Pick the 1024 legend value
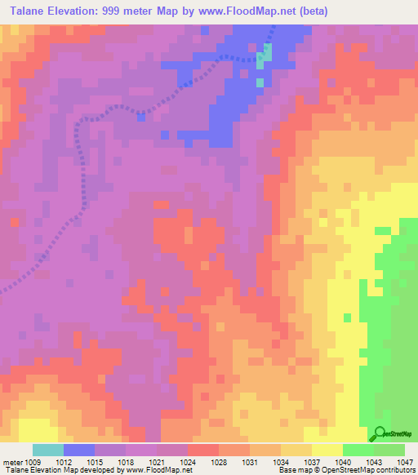[x=189, y=461]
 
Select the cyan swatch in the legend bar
[x=48, y=450]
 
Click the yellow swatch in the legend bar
[x=327, y=450]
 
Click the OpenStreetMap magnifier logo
[x=381, y=435]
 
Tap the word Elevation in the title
[x=78, y=11]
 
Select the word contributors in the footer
[x=398, y=471]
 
